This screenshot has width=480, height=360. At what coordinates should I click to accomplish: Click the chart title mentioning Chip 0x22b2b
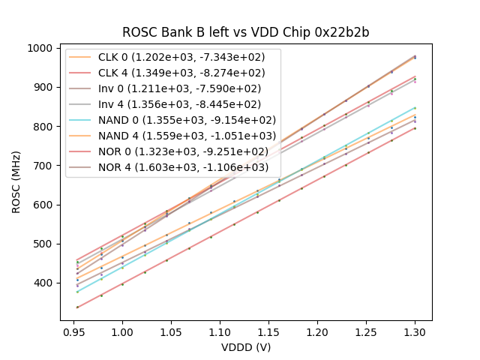(246, 33)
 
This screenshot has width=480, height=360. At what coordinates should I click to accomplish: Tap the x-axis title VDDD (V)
(246, 347)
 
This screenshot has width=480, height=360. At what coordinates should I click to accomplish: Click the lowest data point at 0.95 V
(77, 307)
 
